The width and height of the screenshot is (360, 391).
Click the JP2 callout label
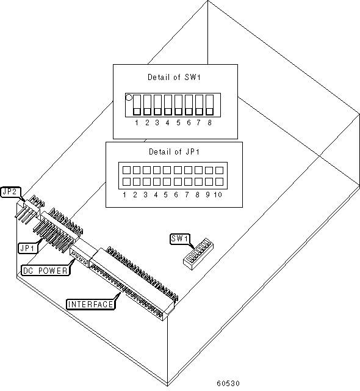pyautogui.click(x=10, y=192)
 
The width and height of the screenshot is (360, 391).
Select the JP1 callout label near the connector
pyautogui.click(x=28, y=248)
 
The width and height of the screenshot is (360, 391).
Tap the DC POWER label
pyautogui.click(x=45, y=271)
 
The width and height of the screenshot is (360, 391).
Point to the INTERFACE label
pyautogui.click(x=91, y=304)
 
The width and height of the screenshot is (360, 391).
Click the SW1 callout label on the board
pyautogui.click(x=179, y=239)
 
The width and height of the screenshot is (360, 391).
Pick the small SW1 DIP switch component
pyautogui.click(x=198, y=254)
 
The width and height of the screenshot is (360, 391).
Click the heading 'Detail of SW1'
pyautogui.click(x=174, y=77)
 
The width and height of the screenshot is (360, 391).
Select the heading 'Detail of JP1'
pyautogui.click(x=175, y=152)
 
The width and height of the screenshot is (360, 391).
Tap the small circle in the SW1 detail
pyautogui.click(x=129, y=97)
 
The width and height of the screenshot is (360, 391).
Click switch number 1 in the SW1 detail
pyautogui.click(x=137, y=104)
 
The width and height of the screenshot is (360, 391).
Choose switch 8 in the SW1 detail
pyautogui.click(x=210, y=104)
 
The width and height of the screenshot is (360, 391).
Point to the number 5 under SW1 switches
pyautogui.click(x=178, y=123)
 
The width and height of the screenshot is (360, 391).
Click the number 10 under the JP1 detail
pyautogui.click(x=218, y=194)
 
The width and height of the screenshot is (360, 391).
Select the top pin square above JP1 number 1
pyautogui.click(x=126, y=170)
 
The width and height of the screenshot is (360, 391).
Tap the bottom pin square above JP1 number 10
pyautogui.click(x=219, y=182)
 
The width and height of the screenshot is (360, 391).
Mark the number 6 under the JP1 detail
pyautogui.click(x=176, y=194)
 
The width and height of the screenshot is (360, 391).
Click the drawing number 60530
pyautogui.click(x=228, y=383)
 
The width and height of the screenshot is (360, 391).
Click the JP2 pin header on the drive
pyautogui.click(x=31, y=209)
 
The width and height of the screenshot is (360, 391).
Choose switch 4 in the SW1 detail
pyautogui.click(x=168, y=104)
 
